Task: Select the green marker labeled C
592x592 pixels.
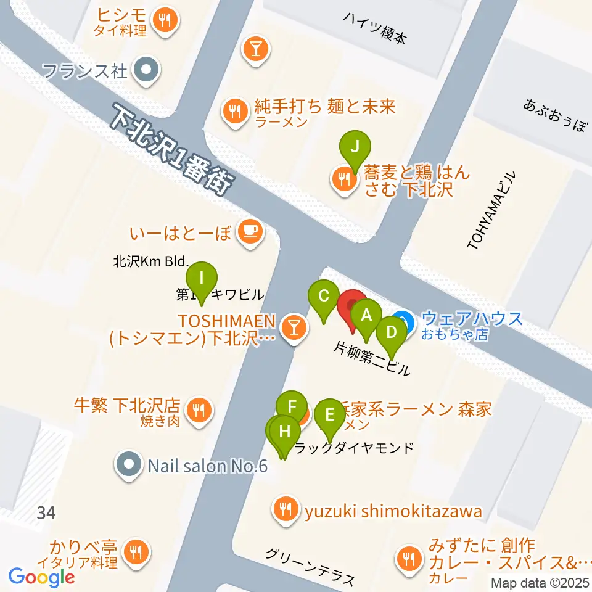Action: coord(323,297)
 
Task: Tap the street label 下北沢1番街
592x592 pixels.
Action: coord(171,150)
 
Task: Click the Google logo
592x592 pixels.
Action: coord(41,577)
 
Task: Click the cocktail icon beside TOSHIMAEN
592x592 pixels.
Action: coord(294,326)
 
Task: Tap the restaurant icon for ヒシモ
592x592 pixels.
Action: coord(165,21)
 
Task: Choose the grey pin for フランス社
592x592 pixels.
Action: coord(146,71)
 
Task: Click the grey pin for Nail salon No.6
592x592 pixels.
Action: coord(128,465)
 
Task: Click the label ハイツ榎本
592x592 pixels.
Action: coord(376,28)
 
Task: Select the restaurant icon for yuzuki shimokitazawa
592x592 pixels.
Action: coord(284,511)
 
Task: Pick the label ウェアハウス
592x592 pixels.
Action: coord(472,319)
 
